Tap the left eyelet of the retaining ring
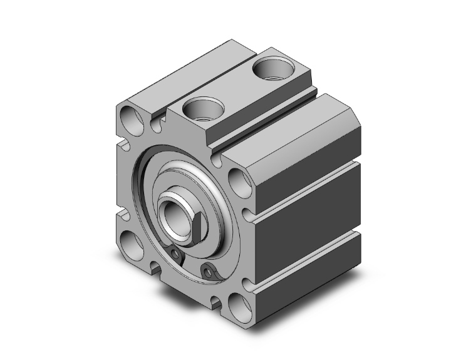click(176, 254)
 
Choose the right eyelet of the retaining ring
click(208, 270)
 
